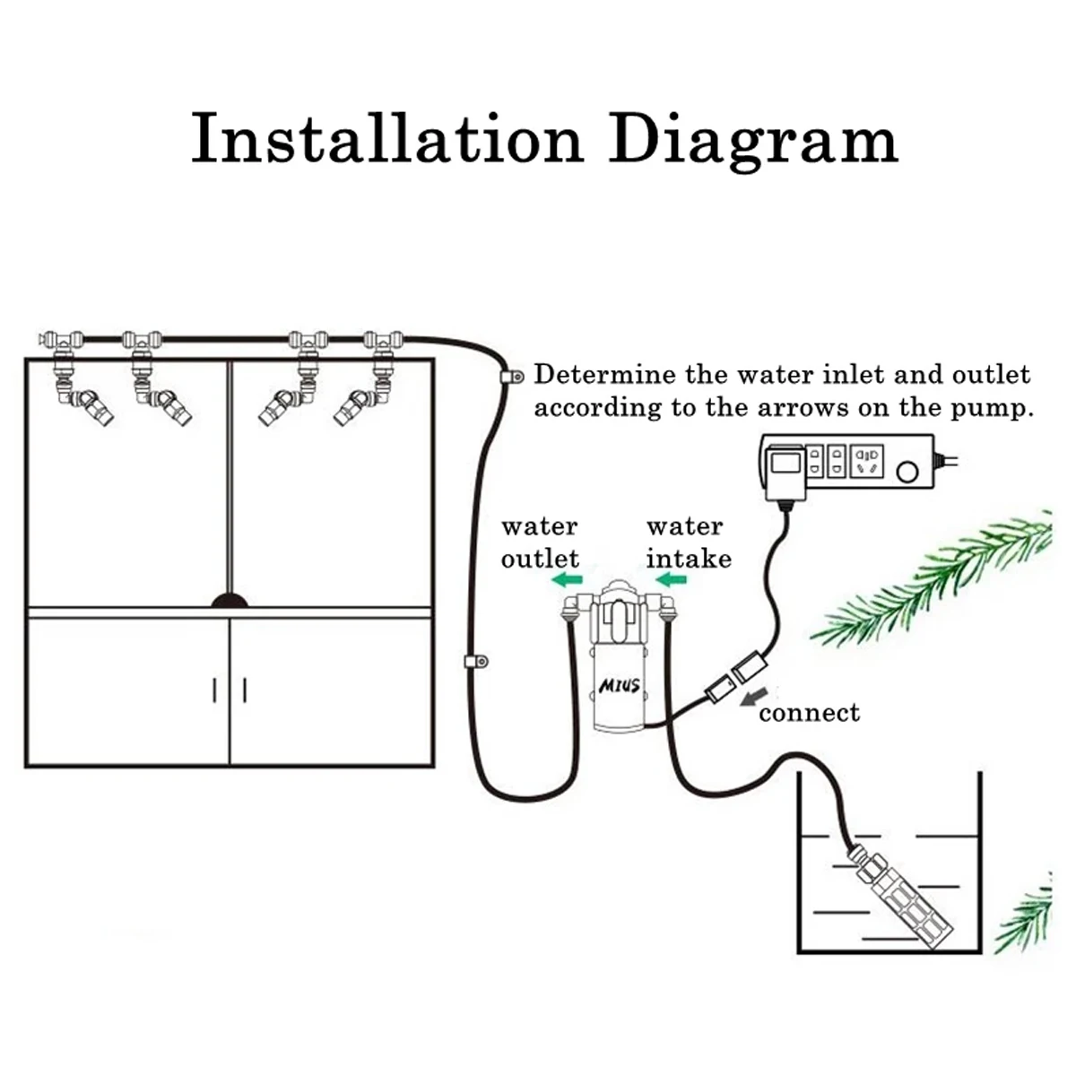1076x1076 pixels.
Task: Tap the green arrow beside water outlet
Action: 567,580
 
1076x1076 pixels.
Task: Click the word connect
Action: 809,713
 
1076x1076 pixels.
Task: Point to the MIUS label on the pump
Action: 619,686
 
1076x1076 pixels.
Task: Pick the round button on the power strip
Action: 907,472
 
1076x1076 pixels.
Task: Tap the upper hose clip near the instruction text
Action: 513,377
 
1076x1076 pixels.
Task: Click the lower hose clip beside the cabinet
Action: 475,663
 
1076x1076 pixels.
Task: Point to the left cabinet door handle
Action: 215,690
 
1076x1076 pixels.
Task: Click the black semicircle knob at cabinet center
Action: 230,600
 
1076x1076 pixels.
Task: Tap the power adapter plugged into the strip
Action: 783,472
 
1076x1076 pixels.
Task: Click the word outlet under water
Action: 540,559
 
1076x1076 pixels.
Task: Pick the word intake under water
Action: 689,559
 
